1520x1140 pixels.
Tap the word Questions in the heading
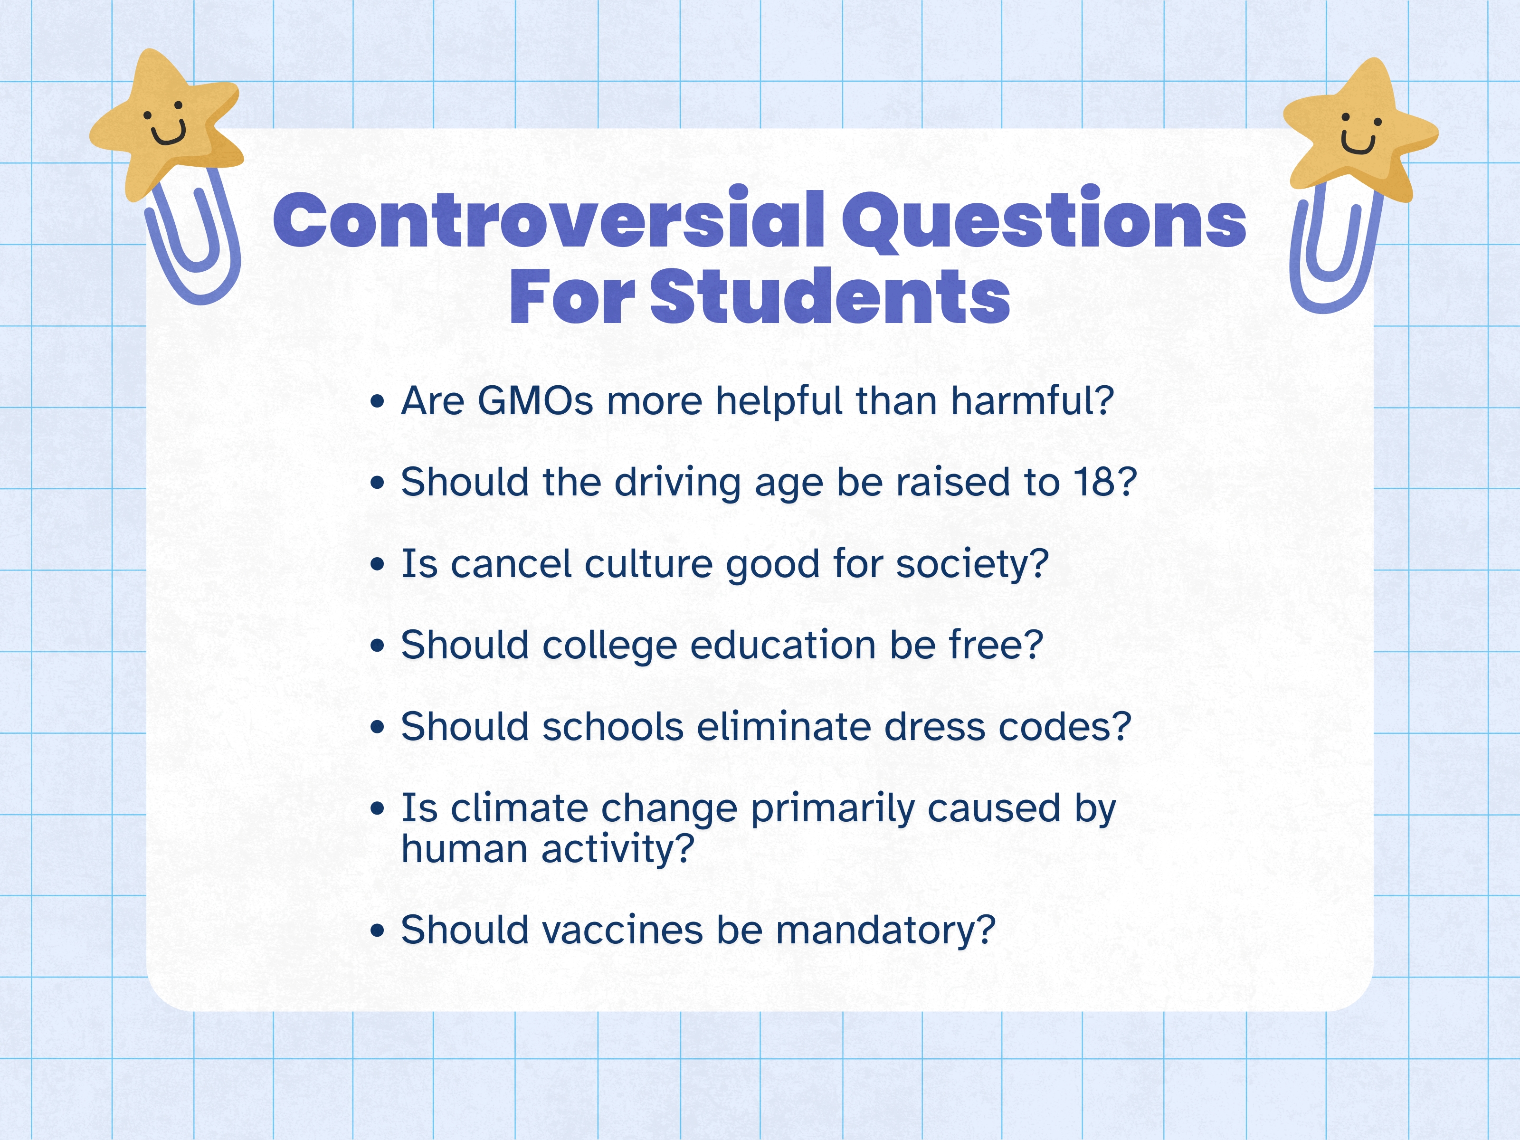click(1043, 220)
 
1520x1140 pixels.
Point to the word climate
click(519, 807)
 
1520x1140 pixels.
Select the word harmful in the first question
click(1031, 400)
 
